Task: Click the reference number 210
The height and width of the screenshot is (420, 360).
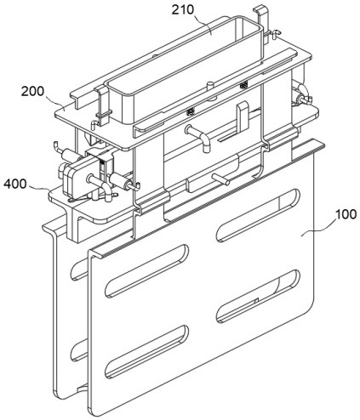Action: [x=183, y=9]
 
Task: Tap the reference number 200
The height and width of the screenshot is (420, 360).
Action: [x=33, y=91]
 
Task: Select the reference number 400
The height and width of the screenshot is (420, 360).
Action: [x=15, y=184]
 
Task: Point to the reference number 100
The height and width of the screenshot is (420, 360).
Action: [x=346, y=214]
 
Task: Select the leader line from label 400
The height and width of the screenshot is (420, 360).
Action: [x=39, y=187]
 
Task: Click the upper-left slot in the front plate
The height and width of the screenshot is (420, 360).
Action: [x=146, y=270]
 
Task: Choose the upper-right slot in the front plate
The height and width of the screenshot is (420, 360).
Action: [x=258, y=215]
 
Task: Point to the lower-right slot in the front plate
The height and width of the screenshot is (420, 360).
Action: [x=258, y=296]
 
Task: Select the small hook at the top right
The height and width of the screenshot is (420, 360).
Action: [x=275, y=33]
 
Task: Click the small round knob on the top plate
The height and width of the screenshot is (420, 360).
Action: [x=210, y=85]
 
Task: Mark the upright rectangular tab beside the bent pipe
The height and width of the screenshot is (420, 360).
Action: [x=243, y=117]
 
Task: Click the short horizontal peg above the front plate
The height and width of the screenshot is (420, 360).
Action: [x=220, y=179]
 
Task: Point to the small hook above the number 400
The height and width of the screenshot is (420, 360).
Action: [x=57, y=146]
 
